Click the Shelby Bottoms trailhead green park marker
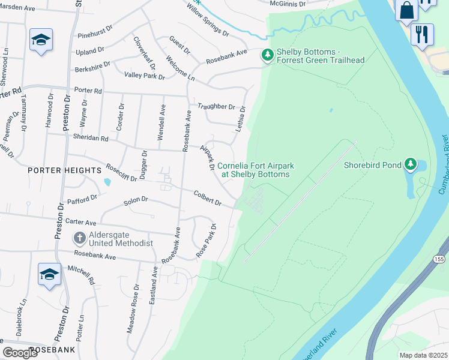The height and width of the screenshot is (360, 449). coord(267,55)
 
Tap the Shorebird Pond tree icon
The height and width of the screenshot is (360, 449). coord(410,164)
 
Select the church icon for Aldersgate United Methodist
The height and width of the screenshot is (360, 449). coord(79,238)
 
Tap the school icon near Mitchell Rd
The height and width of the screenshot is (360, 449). coord(49,274)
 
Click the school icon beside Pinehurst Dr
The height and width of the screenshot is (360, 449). coord(41,40)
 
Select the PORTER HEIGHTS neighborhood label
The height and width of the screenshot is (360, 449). coord(64,170)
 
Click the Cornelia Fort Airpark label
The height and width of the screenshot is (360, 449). coord(253,170)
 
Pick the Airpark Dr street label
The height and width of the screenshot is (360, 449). coord(207,158)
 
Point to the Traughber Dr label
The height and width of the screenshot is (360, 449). coord(216,107)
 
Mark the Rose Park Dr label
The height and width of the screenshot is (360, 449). coord(207,241)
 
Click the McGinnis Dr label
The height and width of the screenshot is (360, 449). coord(288,4)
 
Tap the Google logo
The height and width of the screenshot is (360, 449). coord(20,353)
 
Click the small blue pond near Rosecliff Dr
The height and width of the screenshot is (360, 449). coord(107,181)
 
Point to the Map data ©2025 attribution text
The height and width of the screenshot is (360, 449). coord(423,355)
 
